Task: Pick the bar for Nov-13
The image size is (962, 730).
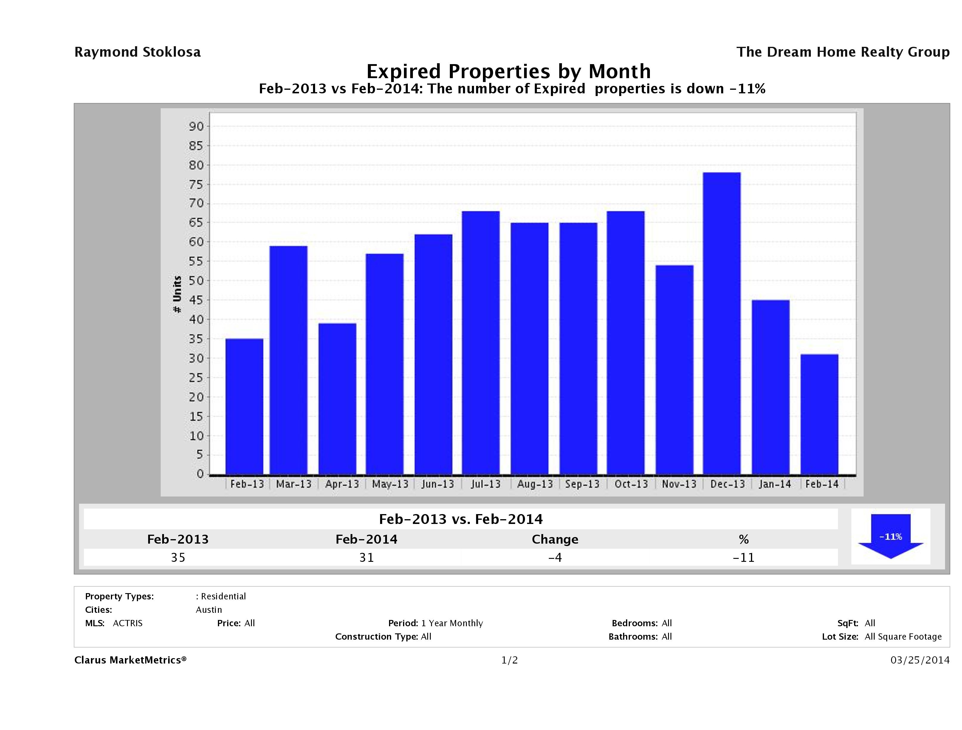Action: [675, 370]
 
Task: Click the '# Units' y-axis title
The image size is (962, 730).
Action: [177, 294]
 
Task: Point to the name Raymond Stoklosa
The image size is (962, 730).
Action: [137, 52]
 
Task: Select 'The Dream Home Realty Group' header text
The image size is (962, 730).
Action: [843, 52]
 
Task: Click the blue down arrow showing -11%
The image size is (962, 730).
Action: [890, 536]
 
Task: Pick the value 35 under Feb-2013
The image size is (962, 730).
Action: [178, 558]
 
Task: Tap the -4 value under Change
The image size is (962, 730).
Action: [555, 558]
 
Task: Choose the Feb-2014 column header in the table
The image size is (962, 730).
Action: [366, 539]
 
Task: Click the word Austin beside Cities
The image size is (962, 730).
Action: [209, 610]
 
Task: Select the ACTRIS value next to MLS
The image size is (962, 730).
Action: [127, 624]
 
